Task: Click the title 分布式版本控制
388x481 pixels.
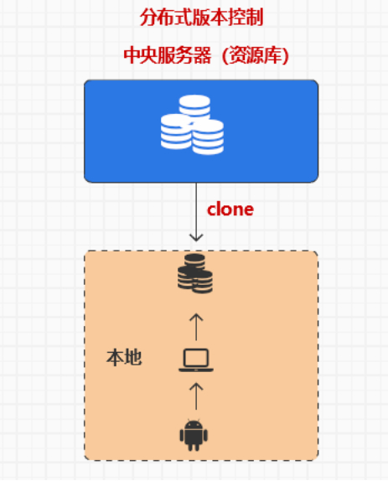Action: tap(201, 18)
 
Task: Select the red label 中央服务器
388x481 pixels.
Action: tap(168, 55)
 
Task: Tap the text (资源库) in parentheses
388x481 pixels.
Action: tap(256, 55)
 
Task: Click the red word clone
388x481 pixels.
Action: tap(230, 209)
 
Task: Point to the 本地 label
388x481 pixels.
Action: tap(124, 357)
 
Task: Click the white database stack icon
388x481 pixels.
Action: tap(192, 125)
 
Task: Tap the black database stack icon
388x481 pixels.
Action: tap(195, 274)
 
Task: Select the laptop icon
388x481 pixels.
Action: tap(196, 360)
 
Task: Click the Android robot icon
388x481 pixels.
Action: tap(194, 435)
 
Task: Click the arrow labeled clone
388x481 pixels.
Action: tap(196, 212)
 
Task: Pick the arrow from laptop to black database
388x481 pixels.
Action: tap(196, 327)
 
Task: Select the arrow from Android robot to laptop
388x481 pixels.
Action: tap(196, 396)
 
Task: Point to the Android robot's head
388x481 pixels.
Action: tap(194, 424)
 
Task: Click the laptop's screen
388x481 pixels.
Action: tap(196, 358)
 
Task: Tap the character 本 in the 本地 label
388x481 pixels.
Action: tap(115, 357)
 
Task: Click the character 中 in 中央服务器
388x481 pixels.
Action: tap(132, 55)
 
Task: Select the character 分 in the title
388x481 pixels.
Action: tap(149, 18)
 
